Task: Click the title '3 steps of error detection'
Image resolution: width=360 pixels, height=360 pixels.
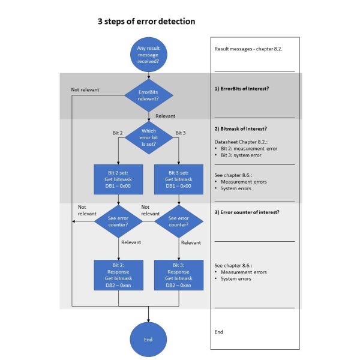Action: click(x=146, y=22)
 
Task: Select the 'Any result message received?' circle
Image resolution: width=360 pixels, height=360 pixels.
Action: click(x=149, y=55)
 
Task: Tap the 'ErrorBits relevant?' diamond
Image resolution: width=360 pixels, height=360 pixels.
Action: click(x=149, y=95)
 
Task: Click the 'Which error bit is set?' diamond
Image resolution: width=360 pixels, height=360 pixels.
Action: click(x=149, y=137)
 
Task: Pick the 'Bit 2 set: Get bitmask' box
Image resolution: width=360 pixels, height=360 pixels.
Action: click(x=118, y=179)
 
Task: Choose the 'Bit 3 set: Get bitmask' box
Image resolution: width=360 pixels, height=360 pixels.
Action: click(x=179, y=179)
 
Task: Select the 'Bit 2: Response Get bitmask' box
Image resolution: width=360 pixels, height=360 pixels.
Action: click(x=118, y=275)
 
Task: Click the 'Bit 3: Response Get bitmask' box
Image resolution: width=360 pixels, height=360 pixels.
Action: click(x=179, y=275)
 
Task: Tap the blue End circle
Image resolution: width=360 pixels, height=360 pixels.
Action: click(x=148, y=340)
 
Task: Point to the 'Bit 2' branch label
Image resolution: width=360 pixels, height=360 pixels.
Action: click(x=118, y=133)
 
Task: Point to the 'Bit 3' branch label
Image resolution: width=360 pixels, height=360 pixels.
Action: click(x=181, y=133)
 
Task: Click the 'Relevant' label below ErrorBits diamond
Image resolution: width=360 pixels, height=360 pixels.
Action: click(x=166, y=116)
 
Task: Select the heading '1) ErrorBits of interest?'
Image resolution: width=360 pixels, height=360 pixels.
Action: click(x=242, y=89)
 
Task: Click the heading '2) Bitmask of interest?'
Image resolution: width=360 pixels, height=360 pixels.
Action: click(x=241, y=129)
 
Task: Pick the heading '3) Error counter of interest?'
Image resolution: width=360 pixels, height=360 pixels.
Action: click(x=247, y=212)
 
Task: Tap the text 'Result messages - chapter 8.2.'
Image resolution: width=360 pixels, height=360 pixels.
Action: click(x=248, y=49)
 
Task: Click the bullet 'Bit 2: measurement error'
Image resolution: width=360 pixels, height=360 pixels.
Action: click(x=249, y=149)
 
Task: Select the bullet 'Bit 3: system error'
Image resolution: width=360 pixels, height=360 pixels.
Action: click(x=241, y=155)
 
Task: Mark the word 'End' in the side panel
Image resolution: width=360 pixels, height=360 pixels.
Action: click(x=218, y=332)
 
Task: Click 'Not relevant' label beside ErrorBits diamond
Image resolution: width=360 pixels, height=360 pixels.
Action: click(x=85, y=89)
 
